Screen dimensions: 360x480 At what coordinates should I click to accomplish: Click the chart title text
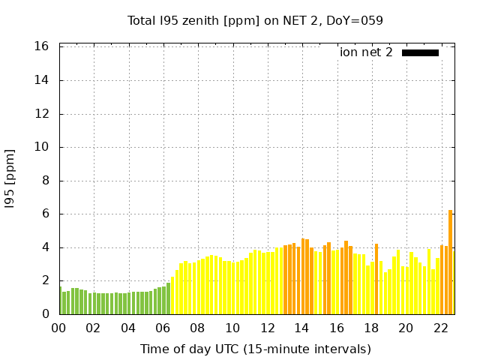pyautogui.click(x=255, y=20)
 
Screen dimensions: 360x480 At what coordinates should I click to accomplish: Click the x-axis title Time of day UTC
pyautogui.click(x=255, y=349)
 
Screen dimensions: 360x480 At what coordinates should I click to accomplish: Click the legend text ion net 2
pyautogui.click(x=366, y=52)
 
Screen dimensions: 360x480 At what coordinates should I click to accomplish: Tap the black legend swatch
pyautogui.click(x=420, y=52)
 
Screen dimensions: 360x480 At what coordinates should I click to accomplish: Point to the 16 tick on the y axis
pyautogui.click(x=42, y=46)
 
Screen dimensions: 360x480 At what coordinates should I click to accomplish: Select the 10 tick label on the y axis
pyautogui.click(x=42, y=147)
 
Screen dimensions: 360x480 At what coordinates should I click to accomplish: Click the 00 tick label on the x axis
pyautogui.click(x=59, y=328)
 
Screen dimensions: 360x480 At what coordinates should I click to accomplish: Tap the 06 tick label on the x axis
pyautogui.click(x=163, y=328)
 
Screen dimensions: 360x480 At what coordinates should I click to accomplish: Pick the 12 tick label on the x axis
pyautogui.click(x=267, y=328)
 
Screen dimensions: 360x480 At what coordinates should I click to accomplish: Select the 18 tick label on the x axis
pyautogui.click(x=370, y=328)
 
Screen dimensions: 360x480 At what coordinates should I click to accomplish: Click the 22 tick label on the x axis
pyautogui.click(x=440, y=328)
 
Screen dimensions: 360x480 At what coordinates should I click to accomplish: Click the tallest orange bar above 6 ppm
pyautogui.click(x=450, y=262)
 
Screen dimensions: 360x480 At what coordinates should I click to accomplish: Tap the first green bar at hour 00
pyautogui.click(x=60, y=301)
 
